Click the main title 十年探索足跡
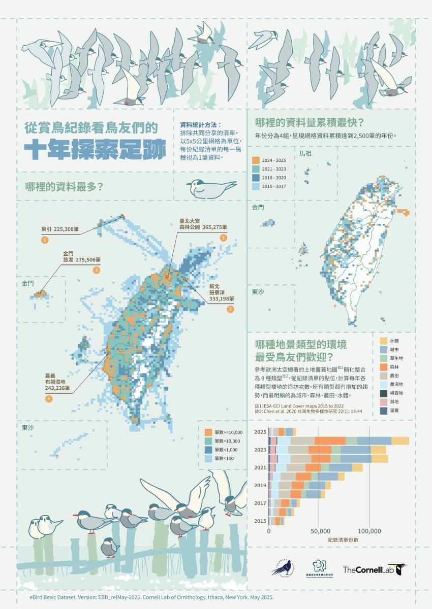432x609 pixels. (96, 149)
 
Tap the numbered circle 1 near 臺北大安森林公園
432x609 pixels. (222, 238)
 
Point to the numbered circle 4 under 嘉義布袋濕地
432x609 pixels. (49, 399)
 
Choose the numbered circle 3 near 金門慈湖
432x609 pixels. (96, 270)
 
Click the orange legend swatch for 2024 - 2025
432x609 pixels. (256, 160)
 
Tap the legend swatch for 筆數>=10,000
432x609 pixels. (208, 431)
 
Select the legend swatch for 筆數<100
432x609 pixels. (208, 458)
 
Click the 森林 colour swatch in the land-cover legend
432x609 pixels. (384, 367)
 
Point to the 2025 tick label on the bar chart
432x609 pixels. (260, 432)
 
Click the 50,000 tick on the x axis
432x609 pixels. (319, 531)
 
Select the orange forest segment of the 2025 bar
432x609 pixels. (329, 441)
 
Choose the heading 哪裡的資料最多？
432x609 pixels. (65, 187)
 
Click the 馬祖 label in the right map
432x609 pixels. (306, 153)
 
